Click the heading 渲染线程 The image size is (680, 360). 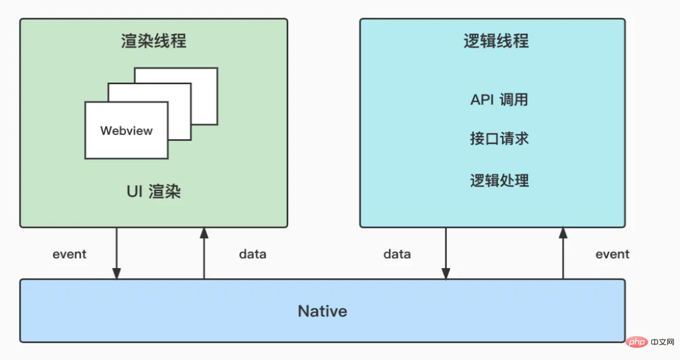tap(153, 41)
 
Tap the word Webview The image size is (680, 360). tap(127, 130)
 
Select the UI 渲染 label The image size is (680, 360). tap(153, 192)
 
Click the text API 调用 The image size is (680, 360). tap(499, 100)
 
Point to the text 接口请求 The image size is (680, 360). tap(499, 139)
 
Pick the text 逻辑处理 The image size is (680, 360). tap(499, 181)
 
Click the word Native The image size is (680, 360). tap(322, 311)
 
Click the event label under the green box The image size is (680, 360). tap(69, 254)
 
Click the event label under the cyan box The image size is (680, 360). tap(612, 254)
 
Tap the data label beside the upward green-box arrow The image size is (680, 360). tap(253, 254)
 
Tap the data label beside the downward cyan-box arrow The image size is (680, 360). tap(397, 254)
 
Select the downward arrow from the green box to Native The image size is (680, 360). tap(117, 253)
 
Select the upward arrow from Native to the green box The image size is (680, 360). tap(204, 253)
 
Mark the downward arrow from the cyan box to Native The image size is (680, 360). tap(446, 253)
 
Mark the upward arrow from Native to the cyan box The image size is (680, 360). tap(563, 253)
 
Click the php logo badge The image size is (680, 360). tap(637, 342)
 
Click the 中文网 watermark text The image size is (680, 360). tap(662, 342)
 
